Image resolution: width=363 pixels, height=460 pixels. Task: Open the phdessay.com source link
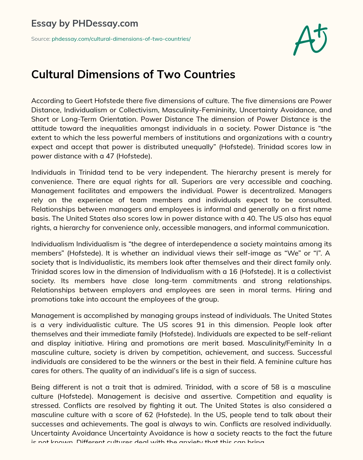tap(121, 39)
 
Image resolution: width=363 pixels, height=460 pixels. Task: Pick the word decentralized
tap(269, 191)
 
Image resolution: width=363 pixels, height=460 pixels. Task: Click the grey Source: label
tap(41, 39)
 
